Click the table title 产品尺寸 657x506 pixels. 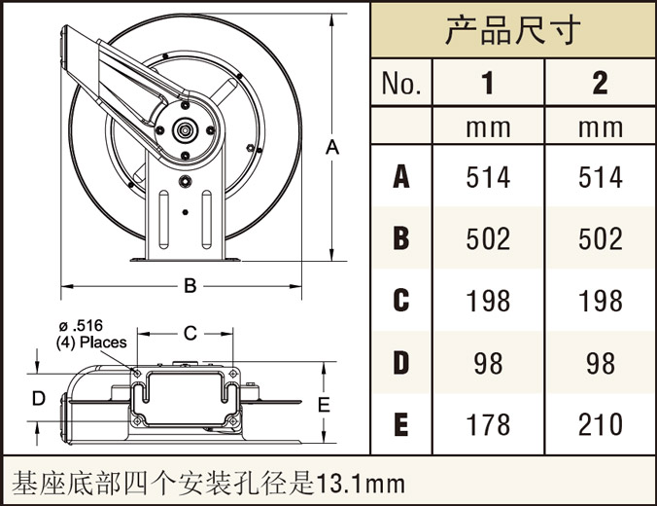(512, 30)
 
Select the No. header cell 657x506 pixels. (401, 84)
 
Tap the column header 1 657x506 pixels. (488, 84)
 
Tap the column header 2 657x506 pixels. (600, 84)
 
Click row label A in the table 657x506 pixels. (401, 177)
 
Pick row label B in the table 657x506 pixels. (401, 238)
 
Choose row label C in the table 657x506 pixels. (401, 301)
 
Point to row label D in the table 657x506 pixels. (401, 363)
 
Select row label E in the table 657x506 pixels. (401, 424)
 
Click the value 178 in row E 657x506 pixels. (488, 424)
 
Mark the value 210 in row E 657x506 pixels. (601, 424)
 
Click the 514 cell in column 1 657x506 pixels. (488, 177)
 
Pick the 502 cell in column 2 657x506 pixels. (601, 238)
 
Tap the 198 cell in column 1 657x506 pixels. (488, 301)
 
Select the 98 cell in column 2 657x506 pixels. (601, 363)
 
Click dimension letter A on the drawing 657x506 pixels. (332, 148)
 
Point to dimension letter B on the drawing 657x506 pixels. (190, 285)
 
